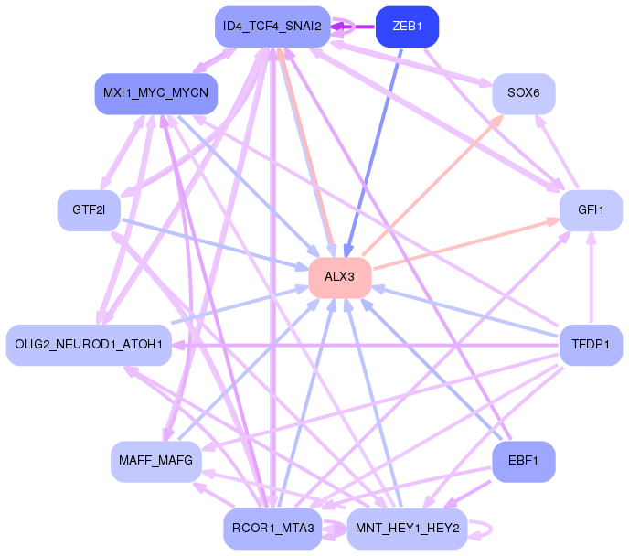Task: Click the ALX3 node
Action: tap(340, 278)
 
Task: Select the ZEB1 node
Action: tap(407, 27)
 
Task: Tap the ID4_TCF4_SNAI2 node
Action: tap(272, 27)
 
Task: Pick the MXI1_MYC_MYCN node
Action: tap(156, 93)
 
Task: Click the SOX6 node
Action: tap(524, 93)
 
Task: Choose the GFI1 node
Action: tap(591, 210)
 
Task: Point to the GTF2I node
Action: tap(89, 210)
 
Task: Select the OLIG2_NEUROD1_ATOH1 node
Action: tap(89, 345)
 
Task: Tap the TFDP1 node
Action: tap(591, 345)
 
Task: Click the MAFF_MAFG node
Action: tap(156, 461)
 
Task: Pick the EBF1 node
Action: tap(524, 461)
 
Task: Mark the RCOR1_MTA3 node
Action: tap(272, 529)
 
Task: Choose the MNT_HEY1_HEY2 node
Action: tap(407, 529)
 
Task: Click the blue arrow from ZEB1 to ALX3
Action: tap(373, 153)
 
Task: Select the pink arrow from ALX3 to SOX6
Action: tap(432, 185)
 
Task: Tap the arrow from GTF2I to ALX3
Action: tap(215, 244)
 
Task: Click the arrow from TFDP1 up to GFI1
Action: tap(591, 277)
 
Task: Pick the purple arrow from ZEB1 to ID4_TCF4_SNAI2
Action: tap(353, 27)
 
